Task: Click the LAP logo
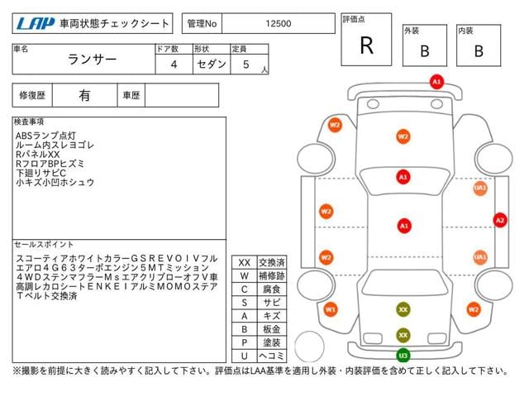click(34, 23)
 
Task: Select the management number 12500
click(277, 23)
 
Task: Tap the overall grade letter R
click(367, 45)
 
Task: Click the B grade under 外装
click(424, 50)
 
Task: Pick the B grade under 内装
click(479, 50)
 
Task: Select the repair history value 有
click(84, 96)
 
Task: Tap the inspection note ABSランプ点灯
click(45, 135)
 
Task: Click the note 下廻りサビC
click(44, 172)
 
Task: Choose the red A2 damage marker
click(499, 220)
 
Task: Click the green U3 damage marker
click(403, 356)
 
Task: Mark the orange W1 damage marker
click(331, 309)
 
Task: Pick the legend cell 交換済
click(271, 262)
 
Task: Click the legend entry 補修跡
click(271, 275)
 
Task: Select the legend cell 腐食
click(271, 289)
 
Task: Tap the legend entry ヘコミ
click(271, 356)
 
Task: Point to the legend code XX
click(245, 262)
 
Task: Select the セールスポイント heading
click(45, 245)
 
